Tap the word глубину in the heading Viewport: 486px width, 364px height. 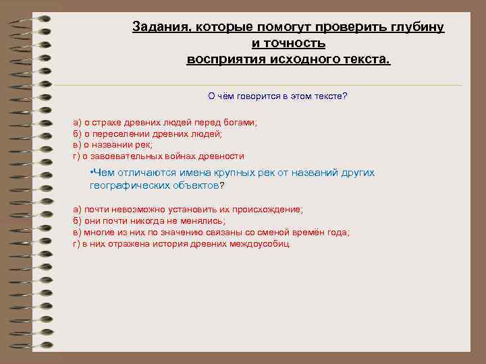[415, 27]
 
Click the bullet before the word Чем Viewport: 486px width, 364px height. [91, 173]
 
